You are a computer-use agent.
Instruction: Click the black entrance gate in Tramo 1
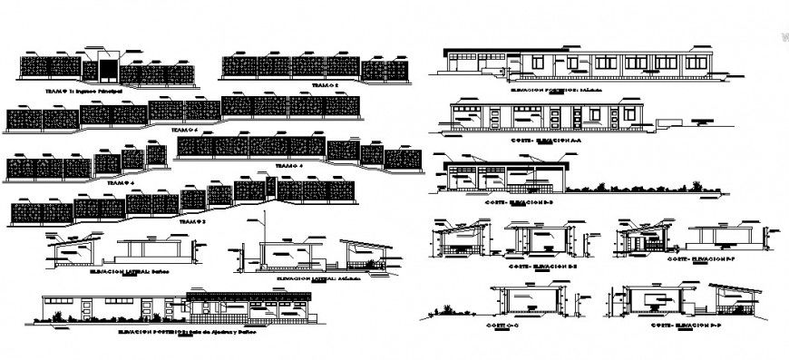(107, 70)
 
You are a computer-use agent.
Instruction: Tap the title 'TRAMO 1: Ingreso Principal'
(83, 92)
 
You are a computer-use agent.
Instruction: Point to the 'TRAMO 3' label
(193, 220)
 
